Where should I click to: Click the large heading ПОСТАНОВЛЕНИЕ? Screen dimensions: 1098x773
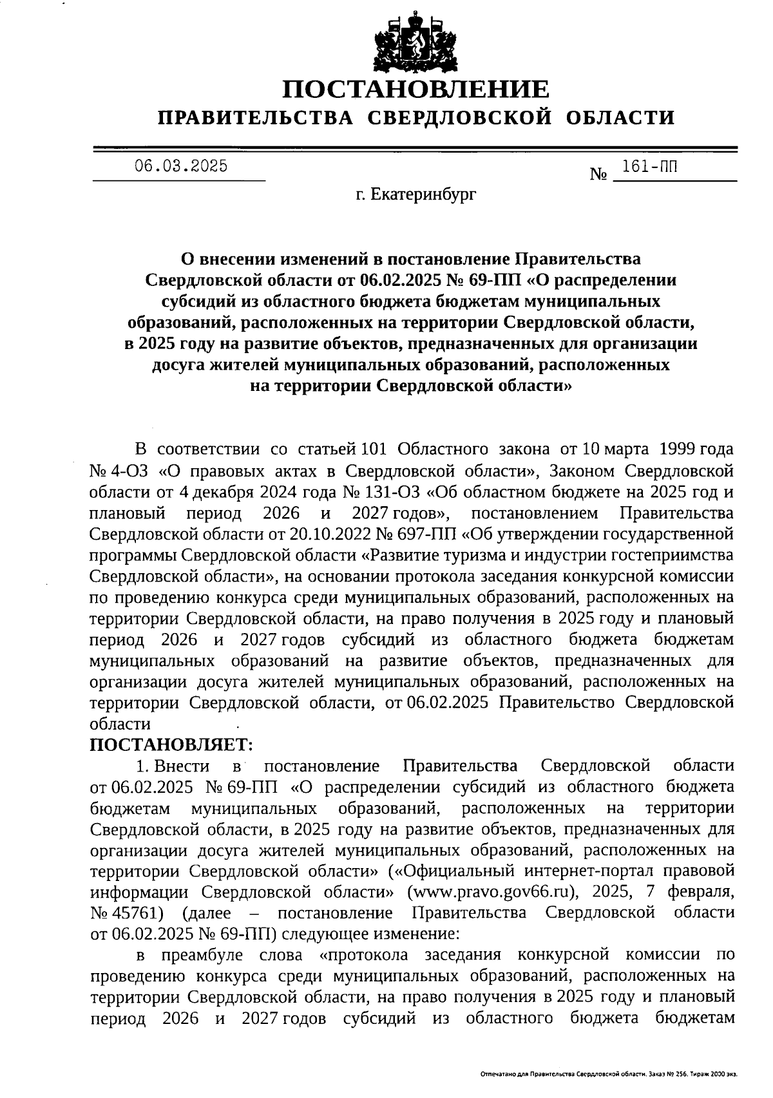pos(417,88)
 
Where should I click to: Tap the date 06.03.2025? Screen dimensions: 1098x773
pos(180,166)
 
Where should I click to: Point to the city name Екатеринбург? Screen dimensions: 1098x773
pos(425,193)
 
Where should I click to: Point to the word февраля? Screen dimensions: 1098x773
pos(701,892)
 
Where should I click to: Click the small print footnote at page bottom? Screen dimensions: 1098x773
pos(609,1074)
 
